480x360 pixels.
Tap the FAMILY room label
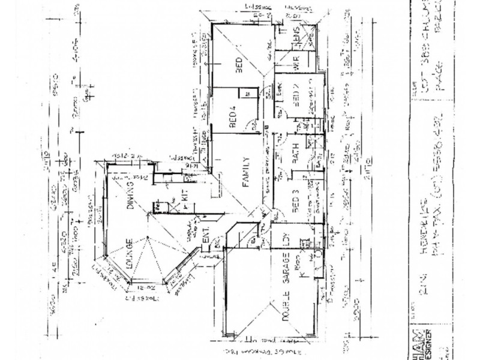(x=245, y=173)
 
